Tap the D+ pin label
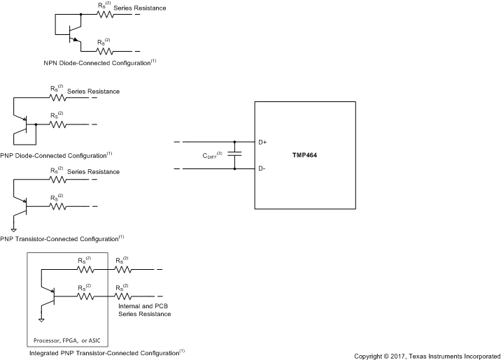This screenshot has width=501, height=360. tap(262, 142)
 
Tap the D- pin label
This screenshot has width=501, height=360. tap(262, 168)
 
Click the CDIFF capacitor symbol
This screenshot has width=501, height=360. tap(234, 155)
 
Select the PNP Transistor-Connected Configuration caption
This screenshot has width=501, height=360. tap(62, 237)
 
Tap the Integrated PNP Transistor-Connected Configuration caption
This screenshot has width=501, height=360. tap(107, 353)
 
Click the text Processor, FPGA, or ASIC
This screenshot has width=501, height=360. tap(67, 340)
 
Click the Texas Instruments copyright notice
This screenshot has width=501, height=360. tap(427, 356)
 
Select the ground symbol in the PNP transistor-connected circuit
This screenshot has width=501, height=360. tap(13, 229)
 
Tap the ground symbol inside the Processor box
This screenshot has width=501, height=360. tap(41, 319)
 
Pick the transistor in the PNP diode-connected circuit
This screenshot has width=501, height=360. tap(26, 126)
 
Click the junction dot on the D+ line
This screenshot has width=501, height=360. tap(234, 142)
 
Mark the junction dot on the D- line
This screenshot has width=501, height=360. tap(234, 168)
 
